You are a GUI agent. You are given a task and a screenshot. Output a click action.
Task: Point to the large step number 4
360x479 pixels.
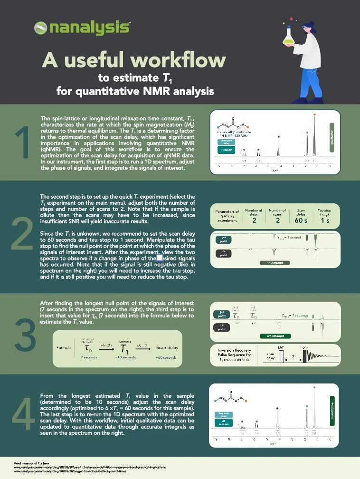point(22,419)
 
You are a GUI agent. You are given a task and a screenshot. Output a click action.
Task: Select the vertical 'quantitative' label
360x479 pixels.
point(332,410)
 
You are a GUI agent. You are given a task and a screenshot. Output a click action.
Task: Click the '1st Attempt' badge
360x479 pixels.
point(275,263)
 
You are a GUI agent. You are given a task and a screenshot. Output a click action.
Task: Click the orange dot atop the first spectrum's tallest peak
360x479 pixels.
point(314,115)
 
